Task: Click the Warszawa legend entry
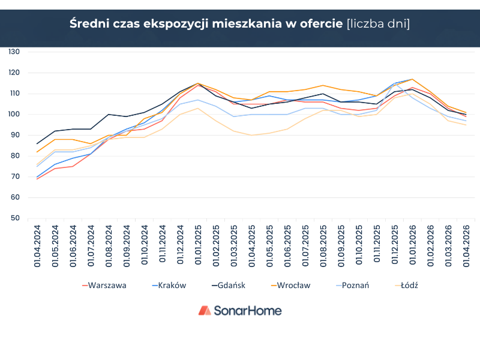(104, 286)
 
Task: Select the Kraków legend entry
(169, 286)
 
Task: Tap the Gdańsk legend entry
(229, 286)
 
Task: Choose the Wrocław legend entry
(291, 286)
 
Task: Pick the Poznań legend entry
(352, 286)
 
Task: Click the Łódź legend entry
(407, 286)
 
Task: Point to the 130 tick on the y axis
(14, 52)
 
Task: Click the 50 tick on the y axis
(15, 218)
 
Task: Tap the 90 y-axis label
(15, 135)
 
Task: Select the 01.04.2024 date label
(37, 246)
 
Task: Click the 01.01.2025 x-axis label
(198, 245)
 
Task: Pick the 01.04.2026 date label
(466, 246)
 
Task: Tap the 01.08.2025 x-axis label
(323, 246)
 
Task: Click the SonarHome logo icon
(205, 310)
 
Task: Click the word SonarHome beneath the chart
(248, 311)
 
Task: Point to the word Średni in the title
(89, 23)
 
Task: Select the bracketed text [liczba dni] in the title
(378, 24)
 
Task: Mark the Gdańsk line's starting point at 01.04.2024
(37, 143)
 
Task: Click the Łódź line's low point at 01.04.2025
(251, 136)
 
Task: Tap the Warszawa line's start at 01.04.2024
(37, 179)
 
